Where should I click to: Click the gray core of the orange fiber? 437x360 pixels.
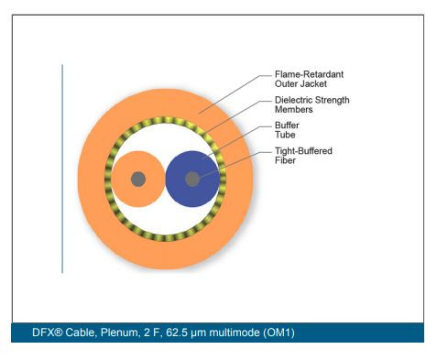[138, 179]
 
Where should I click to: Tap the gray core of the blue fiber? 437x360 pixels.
[192, 179]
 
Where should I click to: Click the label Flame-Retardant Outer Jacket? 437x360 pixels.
[310, 79]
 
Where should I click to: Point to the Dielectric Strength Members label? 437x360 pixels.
[312, 104]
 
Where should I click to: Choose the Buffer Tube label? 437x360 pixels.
[288, 130]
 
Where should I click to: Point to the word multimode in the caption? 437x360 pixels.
[229, 330]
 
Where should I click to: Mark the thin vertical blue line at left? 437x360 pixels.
[62, 169]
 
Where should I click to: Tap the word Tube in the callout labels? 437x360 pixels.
[284, 136]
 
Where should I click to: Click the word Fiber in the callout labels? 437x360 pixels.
[286, 161]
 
